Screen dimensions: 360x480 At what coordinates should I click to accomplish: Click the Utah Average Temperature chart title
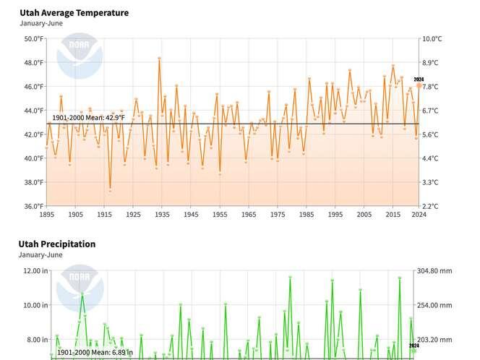coord(74,13)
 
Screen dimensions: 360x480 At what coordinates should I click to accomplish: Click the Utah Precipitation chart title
coord(57,244)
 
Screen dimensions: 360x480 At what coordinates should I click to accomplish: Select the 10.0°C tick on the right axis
coord(432,39)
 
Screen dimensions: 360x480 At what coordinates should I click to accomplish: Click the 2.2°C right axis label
coord(431,207)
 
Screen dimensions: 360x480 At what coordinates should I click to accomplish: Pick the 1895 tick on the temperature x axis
coord(46,215)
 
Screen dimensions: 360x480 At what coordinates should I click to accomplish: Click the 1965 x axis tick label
coord(249,215)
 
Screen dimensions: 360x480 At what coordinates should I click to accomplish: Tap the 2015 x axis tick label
coord(393,215)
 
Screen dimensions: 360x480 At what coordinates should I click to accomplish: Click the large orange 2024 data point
coord(419,86)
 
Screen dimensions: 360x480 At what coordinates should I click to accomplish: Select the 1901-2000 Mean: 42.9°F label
coord(83,118)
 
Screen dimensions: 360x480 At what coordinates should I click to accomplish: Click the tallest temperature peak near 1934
coord(159,58)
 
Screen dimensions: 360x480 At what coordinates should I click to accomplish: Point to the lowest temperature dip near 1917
coord(110,189)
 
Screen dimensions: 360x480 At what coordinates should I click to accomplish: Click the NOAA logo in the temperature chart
coord(75,57)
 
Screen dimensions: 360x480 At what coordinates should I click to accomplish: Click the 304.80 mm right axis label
coord(434,271)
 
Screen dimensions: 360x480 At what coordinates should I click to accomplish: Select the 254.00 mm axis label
coord(434,305)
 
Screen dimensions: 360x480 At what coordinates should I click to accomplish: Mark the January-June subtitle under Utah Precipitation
coord(41,255)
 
